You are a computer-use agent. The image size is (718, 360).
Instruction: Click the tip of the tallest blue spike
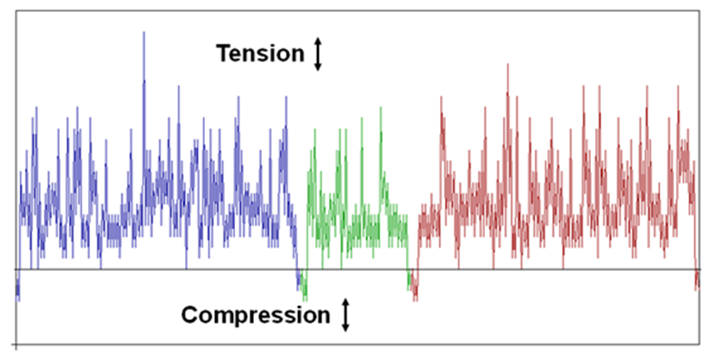tap(144, 32)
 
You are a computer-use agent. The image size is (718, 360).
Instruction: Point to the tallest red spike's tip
tap(507, 64)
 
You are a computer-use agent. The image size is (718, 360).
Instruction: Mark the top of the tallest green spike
tap(380, 108)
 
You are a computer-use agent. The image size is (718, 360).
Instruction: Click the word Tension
tap(260, 54)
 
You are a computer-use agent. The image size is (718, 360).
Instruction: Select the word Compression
tap(256, 315)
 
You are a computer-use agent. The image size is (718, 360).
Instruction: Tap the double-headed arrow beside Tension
tap(318, 54)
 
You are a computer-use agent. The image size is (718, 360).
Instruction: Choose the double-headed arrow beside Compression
tap(346, 314)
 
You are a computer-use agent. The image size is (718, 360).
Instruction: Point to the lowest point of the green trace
tap(305, 300)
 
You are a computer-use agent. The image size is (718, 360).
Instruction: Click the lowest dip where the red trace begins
tap(415, 300)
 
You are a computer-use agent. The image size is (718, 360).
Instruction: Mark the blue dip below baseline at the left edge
tap(18, 300)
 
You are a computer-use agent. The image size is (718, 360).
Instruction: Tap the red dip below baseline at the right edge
tap(697, 289)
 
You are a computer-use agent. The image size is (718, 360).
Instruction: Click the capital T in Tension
tap(222, 54)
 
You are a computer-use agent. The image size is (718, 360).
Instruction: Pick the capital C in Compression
tap(189, 315)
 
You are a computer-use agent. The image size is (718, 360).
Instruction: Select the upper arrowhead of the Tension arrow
tap(318, 41)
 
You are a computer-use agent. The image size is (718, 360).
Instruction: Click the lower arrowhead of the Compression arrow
tap(346, 328)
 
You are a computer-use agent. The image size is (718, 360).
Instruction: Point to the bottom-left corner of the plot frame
tap(17, 344)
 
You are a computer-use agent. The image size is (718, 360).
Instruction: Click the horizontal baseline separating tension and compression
tap(358, 269)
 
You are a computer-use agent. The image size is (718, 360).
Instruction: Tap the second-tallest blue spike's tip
tap(178, 85)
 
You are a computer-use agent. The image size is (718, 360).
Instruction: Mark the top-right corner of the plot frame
tap(699, 11)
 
